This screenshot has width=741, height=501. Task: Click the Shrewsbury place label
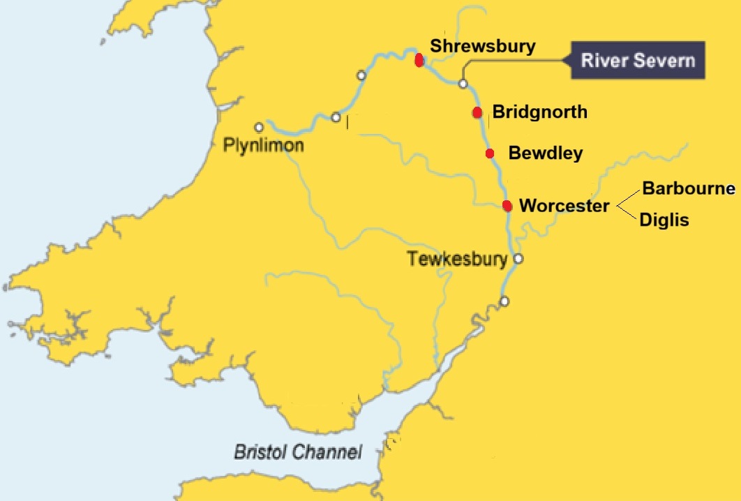(483, 47)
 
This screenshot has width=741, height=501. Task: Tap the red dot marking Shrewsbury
(419, 60)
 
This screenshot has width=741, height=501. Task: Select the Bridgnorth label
(539, 112)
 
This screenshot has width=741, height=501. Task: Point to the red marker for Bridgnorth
(477, 112)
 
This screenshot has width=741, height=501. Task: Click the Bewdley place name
(546, 153)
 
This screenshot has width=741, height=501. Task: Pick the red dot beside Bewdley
(490, 154)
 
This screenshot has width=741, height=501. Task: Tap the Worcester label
(564, 206)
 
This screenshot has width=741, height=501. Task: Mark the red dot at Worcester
(507, 206)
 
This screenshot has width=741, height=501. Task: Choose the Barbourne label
(689, 188)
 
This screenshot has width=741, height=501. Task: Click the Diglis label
(665, 220)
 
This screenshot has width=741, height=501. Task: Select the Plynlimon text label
(263, 145)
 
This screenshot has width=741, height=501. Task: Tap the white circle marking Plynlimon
(259, 128)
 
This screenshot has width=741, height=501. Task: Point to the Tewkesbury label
(458, 260)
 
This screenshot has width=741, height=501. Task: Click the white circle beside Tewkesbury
(518, 259)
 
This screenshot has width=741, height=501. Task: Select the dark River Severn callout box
(638, 60)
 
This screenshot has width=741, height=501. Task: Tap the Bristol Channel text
(298, 452)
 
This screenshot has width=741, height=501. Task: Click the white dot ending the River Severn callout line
(463, 84)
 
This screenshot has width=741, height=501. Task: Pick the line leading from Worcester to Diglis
(627, 213)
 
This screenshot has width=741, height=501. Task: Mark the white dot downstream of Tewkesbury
(504, 301)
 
